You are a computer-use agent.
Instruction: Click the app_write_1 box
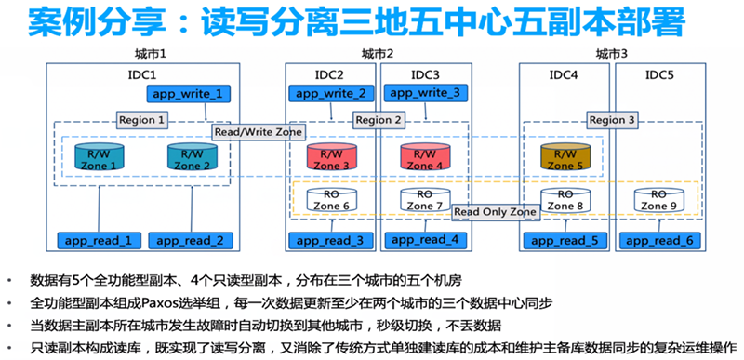(188, 94)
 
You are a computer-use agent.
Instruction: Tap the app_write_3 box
(422, 94)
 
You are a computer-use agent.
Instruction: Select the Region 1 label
(142, 120)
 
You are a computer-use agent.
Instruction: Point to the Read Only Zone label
(496, 213)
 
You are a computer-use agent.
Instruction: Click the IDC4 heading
(565, 73)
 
